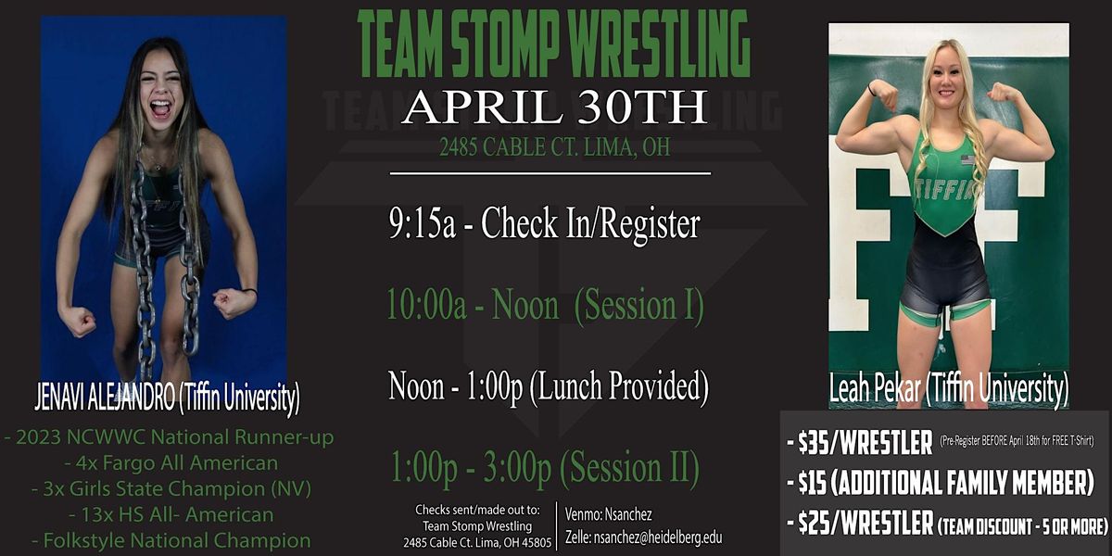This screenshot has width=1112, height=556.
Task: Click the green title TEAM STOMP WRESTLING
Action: (x=553, y=45)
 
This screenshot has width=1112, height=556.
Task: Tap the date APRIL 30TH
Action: (x=553, y=108)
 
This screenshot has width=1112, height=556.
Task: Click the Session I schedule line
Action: (x=546, y=305)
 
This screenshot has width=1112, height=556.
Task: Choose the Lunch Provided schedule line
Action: (x=549, y=385)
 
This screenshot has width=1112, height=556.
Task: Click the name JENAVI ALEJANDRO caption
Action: (x=167, y=400)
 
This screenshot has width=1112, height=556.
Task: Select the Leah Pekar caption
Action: (x=948, y=387)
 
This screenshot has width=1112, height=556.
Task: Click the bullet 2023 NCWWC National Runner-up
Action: (x=170, y=436)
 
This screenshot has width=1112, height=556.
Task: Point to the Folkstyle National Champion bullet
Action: (x=170, y=539)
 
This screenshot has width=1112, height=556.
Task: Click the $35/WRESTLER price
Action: (x=866, y=444)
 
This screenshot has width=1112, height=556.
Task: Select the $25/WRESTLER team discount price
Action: (x=945, y=525)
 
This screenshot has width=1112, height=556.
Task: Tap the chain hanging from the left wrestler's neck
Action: (x=145, y=269)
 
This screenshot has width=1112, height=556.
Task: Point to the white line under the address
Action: (x=550, y=172)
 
